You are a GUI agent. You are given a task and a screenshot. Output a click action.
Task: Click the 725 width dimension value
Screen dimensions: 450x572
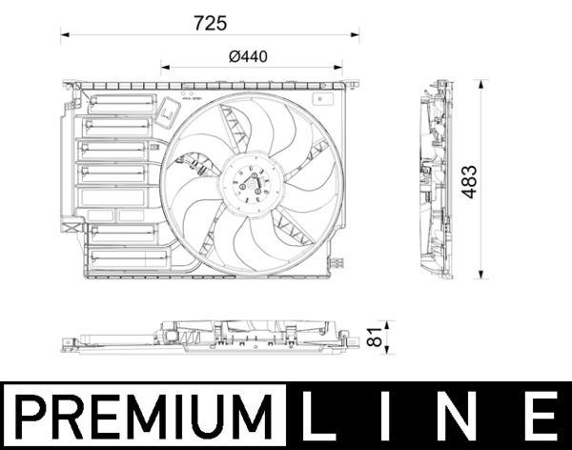point(211,21)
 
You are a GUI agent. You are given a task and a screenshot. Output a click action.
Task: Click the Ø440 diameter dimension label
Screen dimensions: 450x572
point(248,55)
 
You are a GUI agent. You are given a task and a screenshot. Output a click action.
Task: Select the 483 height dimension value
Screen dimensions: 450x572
point(468,181)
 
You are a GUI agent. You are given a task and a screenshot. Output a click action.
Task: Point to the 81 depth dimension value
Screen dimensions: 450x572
point(375,337)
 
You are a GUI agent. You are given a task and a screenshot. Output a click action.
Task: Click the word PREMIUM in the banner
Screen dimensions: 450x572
point(144,417)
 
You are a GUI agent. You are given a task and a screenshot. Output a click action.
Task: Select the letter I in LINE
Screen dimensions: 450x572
point(398,417)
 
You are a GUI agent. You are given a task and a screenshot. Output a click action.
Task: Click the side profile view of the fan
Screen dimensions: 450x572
point(435,181)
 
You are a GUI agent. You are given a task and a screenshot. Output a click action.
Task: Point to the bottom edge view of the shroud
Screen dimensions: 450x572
point(210,337)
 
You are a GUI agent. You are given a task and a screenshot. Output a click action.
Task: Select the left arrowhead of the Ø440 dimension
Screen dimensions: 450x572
point(163,68)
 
